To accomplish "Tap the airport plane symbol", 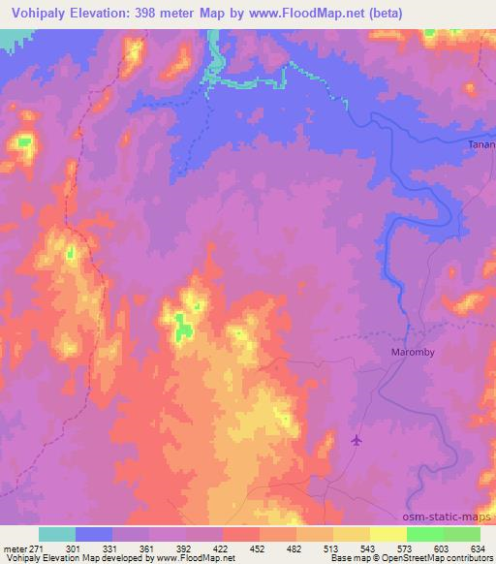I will click(356, 441).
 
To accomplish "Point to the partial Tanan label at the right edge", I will click(481, 145).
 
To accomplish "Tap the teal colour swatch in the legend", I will click(57, 534).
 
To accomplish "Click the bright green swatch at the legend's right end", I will click(462, 534).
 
